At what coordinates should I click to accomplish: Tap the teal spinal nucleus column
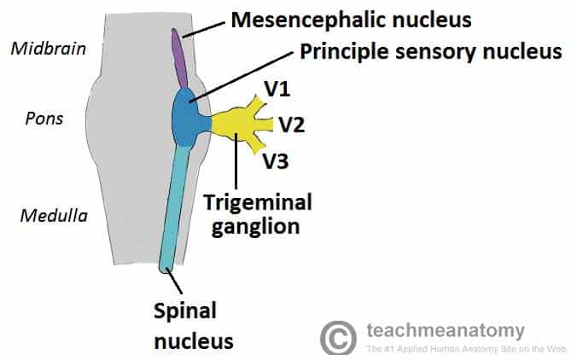174,205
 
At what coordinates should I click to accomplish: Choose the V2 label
291,125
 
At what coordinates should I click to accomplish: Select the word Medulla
53,216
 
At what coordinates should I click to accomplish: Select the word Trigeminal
257,203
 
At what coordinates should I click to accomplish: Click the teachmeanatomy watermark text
445,331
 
